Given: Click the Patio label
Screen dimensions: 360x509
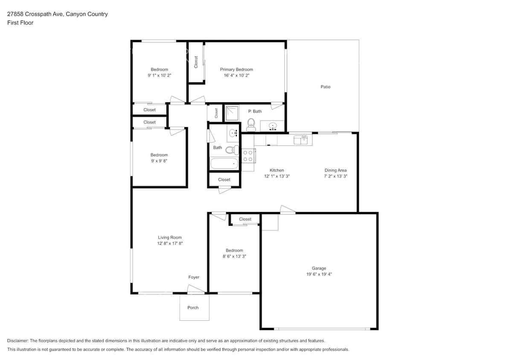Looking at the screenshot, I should (x=325, y=87).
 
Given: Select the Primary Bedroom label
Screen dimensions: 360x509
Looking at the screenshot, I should (x=236, y=70).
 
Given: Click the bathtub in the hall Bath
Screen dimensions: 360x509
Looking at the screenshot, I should (x=224, y=163).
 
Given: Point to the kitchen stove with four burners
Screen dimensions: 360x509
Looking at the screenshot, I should (x=248, y=156).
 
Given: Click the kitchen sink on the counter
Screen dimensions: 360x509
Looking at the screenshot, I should (x=301, y=139).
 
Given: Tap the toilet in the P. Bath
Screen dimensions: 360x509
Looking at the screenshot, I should (x=251, y=125).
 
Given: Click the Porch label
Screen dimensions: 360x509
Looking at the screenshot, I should (x=193, y=308).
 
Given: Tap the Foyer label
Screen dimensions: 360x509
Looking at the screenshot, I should (x=194, y=277).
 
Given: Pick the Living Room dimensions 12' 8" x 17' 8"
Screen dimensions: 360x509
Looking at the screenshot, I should (x=170, y=243).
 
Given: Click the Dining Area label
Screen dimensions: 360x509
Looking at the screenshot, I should (x=335, y=170).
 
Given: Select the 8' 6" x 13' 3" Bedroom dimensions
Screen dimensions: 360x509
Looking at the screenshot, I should (x=234, y=256).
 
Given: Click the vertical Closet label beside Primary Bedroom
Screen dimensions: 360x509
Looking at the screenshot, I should (x=196, y=62).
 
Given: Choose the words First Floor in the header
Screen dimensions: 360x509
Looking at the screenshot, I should (x=20, y=23).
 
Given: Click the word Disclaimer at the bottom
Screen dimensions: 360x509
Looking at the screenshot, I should (x=18, y=341).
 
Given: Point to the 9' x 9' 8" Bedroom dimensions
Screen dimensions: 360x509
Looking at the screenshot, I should (x=159, y=161).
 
